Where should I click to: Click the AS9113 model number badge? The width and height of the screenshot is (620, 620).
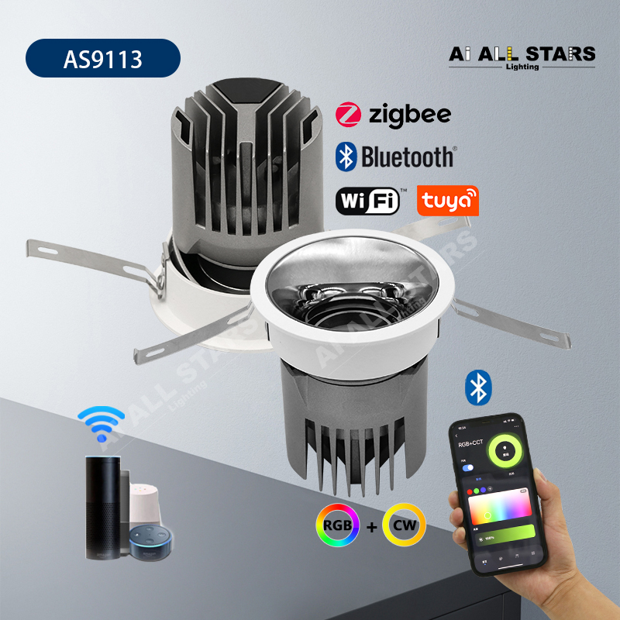[x=102, y=60]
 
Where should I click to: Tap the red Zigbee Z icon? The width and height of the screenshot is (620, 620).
[x=348, y=115]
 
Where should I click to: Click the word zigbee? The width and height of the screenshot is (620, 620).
[x=409, y=116]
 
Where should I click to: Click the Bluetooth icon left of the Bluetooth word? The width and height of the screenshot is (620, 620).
[x=345, y=157]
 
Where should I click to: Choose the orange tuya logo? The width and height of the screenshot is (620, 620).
[x=447, y=201]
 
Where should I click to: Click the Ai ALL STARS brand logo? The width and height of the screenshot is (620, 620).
[x=522, y=55]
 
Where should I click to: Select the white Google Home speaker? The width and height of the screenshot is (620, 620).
[x=140, y=508]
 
